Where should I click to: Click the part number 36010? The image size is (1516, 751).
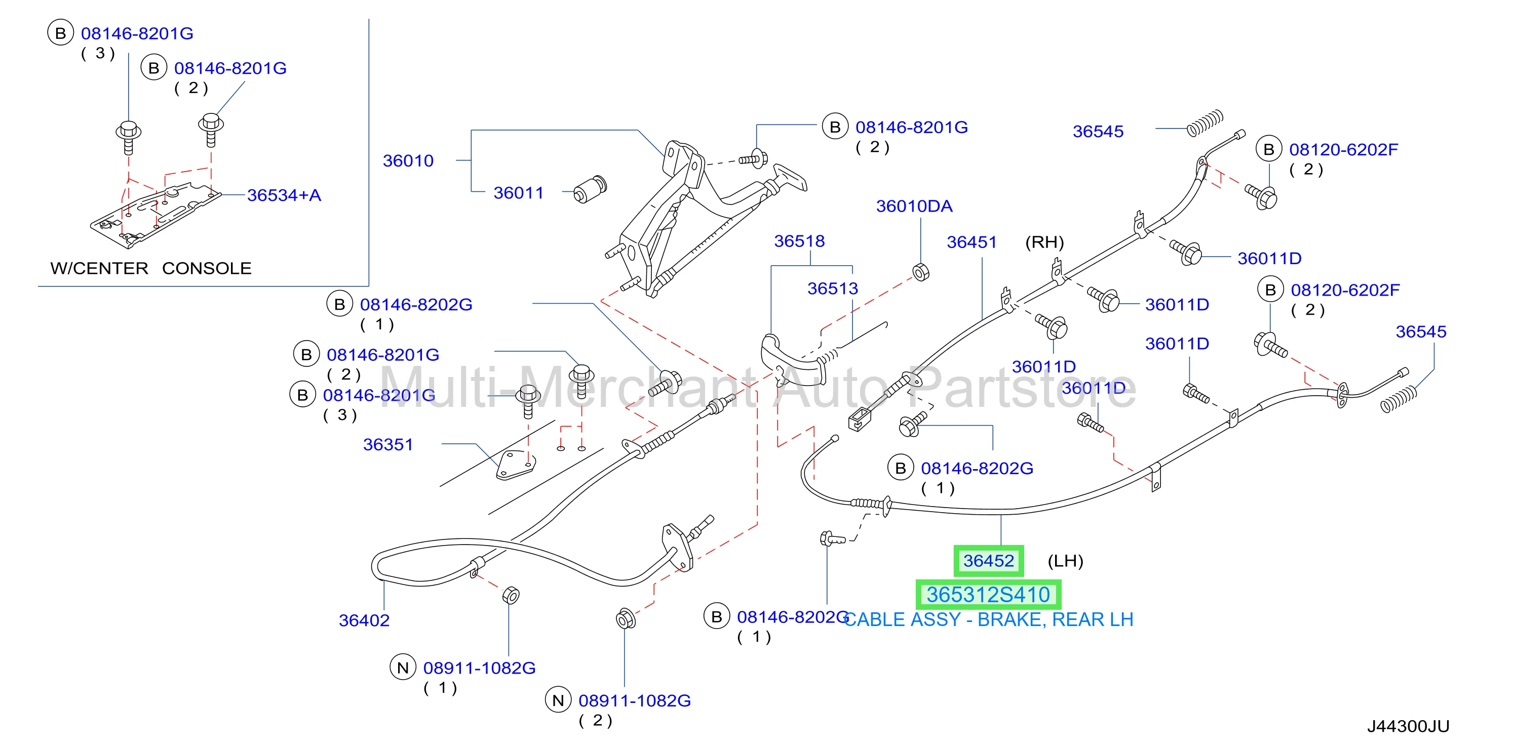pyautogui.click(x=408, y=160)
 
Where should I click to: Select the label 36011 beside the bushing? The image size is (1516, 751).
pyautogui.click(x=519, y=193)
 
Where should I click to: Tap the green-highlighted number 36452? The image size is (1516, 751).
pyautogui.click(x=989, y=561)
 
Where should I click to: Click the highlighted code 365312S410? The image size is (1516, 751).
pyautogui.click(x=989, y=595)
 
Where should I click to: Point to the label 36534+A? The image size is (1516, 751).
pyautogui.click(x=284, y=195)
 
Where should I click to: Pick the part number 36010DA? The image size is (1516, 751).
pyautogui.click(x=914, y=206)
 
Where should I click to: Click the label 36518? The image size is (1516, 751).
pyautogui.click(x=799, y=241)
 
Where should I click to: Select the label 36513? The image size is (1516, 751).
pyautogui.click(x=833, y=289)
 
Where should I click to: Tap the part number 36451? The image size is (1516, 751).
pyautogui.click(x=971, y=242)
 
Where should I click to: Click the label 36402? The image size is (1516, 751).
pyautogui.click(x=364, y=620)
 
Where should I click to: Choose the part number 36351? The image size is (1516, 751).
pyautogui.click(x=388, y=445)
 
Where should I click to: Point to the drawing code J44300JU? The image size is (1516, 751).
pyautogui.click(x=1408, y=727)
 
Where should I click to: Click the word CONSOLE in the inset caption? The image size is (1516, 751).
pyautogui.click(x=207, y=269)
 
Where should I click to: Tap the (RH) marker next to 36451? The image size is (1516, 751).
pyautogui.click(x=1044, y=242)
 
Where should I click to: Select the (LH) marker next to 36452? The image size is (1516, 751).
pyautogui.click(x=1065, y=561)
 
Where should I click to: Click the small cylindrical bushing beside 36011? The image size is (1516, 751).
pyautogui.click(x=590, y=189)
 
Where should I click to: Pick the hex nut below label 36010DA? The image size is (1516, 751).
pyautogui.click(x=921, y=272)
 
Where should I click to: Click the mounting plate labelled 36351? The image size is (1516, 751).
pyautogui.click(x=516, y=465)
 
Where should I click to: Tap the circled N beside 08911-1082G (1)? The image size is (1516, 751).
pyautogui.click(x=403, y=668)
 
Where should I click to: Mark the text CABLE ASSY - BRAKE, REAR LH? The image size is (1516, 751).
pyautogui.click(x=989, y=620)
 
